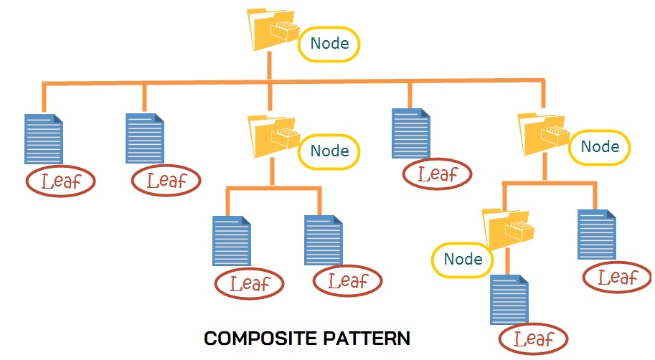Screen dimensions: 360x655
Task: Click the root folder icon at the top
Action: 273,30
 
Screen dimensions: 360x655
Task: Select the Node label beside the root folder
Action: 329,44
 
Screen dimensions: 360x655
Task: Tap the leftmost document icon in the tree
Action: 43,138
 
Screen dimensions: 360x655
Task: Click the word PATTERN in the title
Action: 371,337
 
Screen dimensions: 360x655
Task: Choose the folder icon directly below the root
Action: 273,136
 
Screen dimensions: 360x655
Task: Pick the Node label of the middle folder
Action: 329,151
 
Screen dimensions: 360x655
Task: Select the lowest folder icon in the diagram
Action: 507,229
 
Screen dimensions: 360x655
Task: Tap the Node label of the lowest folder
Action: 462,259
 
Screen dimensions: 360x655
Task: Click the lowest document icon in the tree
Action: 509,300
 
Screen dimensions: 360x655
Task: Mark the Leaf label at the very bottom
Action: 533,338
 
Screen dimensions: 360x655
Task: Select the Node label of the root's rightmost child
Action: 600,147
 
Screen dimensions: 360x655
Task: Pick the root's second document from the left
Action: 145,138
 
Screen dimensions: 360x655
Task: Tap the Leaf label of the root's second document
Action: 166,180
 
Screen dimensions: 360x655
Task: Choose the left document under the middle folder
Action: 232,241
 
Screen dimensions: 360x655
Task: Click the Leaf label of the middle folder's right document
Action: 347,280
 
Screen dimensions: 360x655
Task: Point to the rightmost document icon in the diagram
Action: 597,235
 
